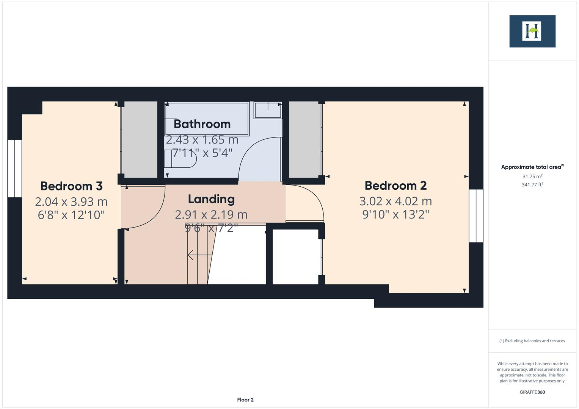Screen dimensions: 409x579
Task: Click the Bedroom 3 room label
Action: click(71, 186)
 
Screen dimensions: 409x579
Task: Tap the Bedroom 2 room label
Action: click(395, 186)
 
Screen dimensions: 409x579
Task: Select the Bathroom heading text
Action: click(202, 124)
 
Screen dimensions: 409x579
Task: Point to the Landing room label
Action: click(211, 199)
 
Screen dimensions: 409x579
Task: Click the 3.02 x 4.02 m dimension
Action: click(395, 201)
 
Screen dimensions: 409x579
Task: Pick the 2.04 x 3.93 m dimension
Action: click(71, 201)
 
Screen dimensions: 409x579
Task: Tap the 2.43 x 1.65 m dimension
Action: click(202, 140)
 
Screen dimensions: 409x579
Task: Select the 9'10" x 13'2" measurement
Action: click(395, 214)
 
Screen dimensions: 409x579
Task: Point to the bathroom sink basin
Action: click(268, 110)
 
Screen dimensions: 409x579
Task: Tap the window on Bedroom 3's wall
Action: click(14, 169)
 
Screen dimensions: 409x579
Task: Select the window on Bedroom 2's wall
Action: click(476, 216)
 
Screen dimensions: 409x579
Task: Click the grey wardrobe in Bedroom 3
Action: click(139, 139)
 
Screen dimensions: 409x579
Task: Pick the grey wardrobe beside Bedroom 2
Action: click(305, 139)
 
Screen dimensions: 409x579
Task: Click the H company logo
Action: click(532, 31)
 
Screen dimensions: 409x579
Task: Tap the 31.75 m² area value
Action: click(532, 176)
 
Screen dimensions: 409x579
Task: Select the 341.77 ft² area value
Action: click(532, 185)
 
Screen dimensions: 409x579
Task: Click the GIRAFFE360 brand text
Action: click(532, 392)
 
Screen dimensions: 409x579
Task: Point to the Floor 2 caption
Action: click(245, 400)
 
